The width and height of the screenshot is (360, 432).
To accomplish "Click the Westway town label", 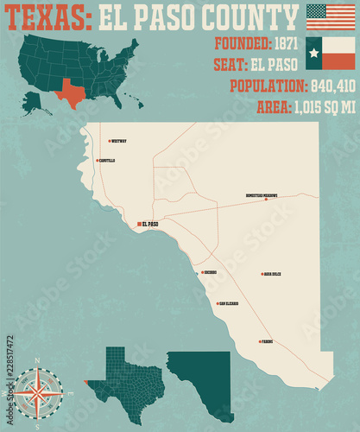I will point(119,141).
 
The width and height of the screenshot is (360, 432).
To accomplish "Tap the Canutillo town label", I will point(107,161).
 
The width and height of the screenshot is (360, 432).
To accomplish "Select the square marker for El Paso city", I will point(137,224).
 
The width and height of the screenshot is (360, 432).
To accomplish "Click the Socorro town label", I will point(210,272).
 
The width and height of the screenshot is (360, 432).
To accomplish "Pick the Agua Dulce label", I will point(273,274).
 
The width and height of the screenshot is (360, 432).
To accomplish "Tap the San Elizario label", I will point(229,303).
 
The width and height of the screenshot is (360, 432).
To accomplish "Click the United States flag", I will point(331,16).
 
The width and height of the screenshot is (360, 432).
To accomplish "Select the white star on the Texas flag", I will point(315,53).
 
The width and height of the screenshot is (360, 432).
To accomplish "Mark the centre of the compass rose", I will point(37,393).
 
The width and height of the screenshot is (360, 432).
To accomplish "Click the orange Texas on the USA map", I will point(73,92).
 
